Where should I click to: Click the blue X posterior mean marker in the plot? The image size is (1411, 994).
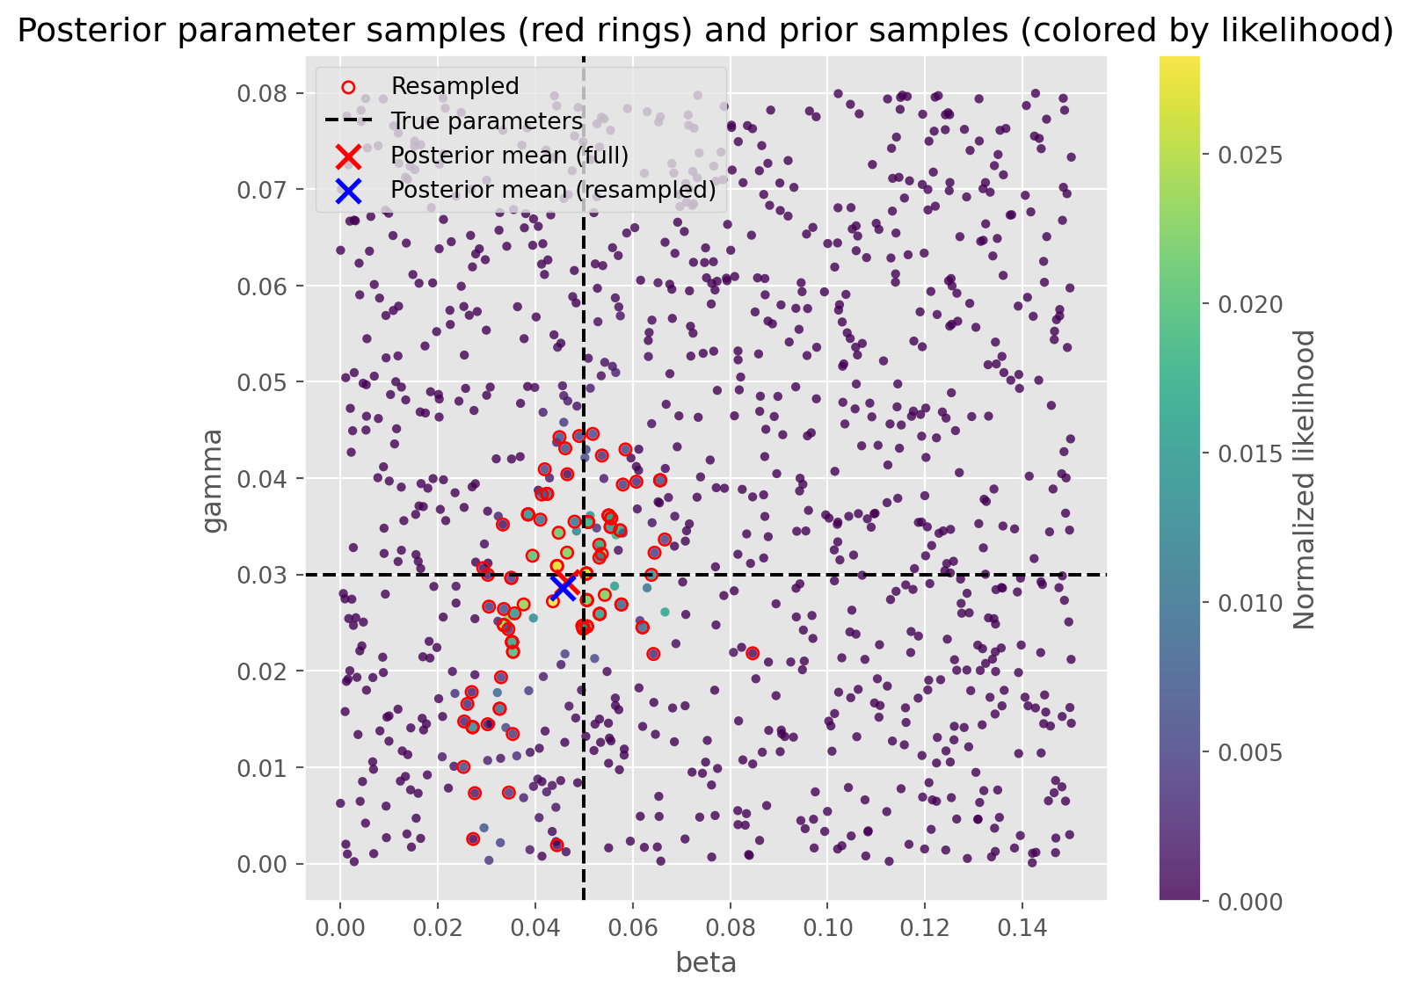point(564,586)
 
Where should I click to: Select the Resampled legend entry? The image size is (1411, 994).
point(455,86)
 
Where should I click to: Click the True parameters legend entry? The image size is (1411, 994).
point(486,121)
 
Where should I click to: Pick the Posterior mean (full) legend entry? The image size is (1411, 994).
point(509,156)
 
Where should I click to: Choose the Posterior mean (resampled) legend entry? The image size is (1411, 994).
point(553,190)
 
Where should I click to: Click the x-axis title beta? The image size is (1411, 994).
point(706,963)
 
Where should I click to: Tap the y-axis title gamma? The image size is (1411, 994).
point(213,480)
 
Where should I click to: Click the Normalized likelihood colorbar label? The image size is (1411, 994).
point(1306,480)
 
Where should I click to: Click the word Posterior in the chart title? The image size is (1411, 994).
point(76,32)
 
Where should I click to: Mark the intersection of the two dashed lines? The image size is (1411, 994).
point(584,575)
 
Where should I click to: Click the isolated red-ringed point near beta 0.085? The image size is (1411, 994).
point(753,653)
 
